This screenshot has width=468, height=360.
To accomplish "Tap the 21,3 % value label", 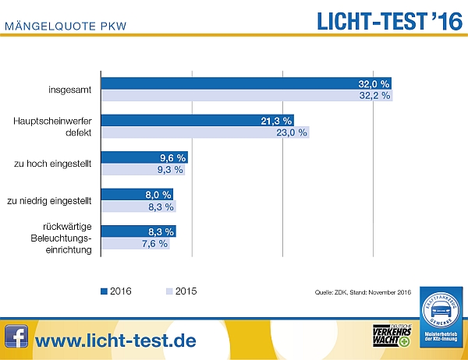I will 277,121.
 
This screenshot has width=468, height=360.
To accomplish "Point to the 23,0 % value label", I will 292,132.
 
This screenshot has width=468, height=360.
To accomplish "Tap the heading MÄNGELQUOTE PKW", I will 66,27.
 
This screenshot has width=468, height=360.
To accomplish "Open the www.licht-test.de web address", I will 115,340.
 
